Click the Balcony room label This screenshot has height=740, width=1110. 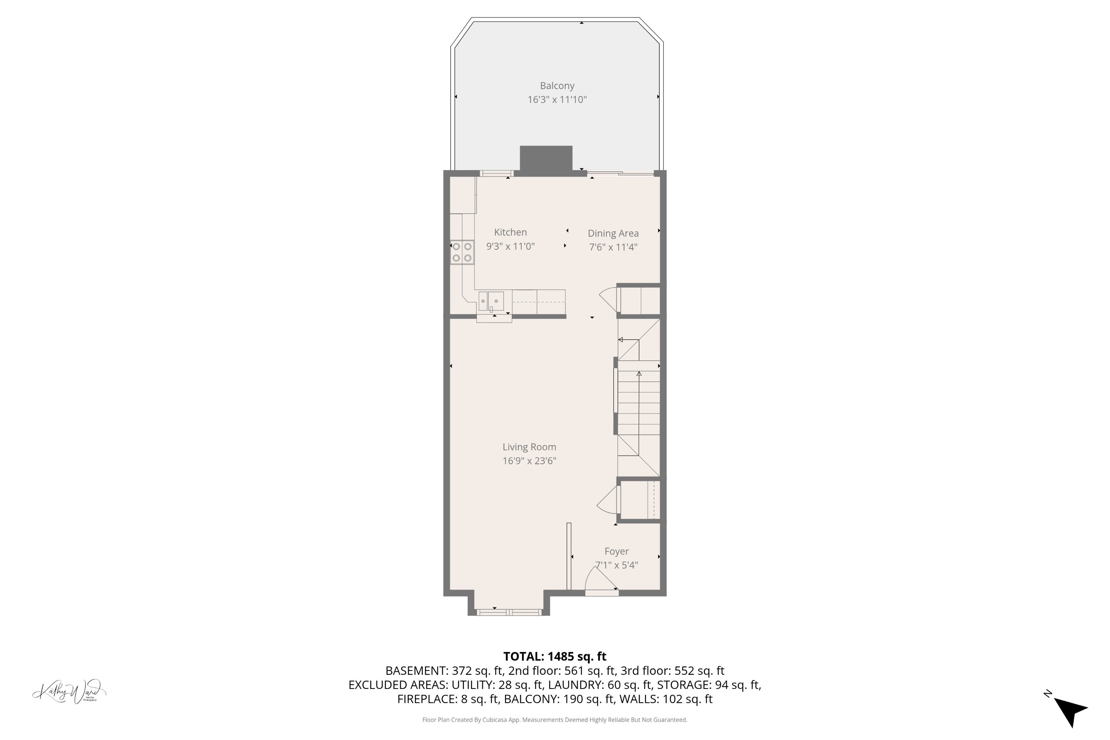point(557,86)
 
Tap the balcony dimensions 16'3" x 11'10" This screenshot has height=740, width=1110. point(557,100)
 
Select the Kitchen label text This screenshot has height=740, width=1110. point(510,232)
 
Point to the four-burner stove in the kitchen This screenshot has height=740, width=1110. point(461,252)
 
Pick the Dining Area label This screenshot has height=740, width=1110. point(613,233)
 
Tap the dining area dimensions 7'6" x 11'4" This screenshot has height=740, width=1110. point(613,247)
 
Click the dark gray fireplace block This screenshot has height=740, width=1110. point(546,159)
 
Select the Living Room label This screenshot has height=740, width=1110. point(529,447)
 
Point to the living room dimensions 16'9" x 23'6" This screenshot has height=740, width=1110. point(529,461)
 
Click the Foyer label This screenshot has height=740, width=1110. point(616,551)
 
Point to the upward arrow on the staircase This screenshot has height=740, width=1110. point(639,374)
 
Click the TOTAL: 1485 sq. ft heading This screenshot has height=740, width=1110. point(555,656)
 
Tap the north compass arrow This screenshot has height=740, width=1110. point(1070,709)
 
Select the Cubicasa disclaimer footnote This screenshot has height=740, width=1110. point(555,720)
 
